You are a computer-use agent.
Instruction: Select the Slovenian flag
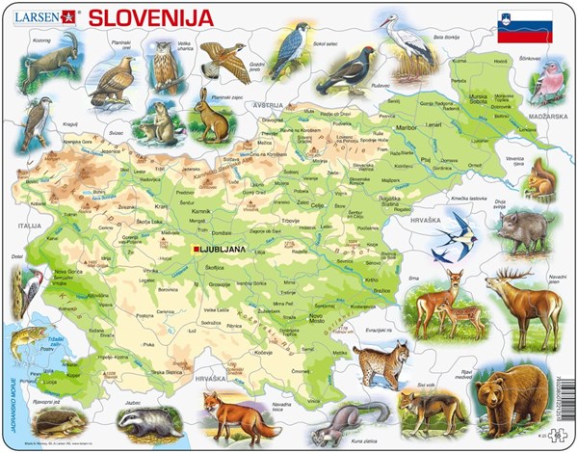click(518, 22)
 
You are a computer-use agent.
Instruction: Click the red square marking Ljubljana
click(197, 250)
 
